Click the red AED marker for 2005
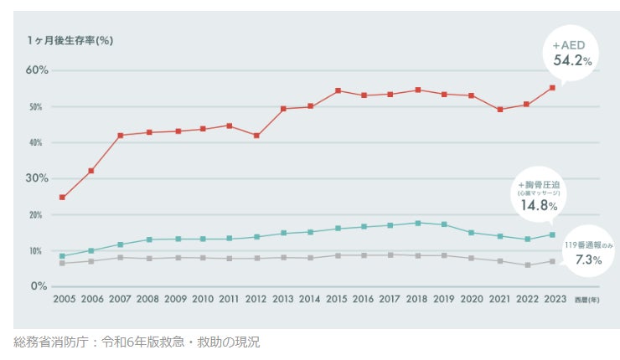pyautogui.click(x=62, y=198)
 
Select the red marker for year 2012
pyautogui.click(x=256, y=136)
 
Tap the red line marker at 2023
pyautogui.click(x=552, y=88)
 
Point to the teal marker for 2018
pyautogui.click(x=417, y=223)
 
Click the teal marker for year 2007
pyautogui.click(x=120, y=244)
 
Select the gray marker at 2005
pyautogui.click(x=62, y=263)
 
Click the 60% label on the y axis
pyautogui.click(x=36, y=70)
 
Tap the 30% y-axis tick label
pyautogui.click(x=36, y=178)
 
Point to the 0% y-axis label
pyautogui.click(x=39, y=286)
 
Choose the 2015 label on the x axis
pyautogui.click(x=337, y=298)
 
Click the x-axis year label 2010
pyautogui.click(x=204, y=298)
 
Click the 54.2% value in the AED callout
pyautogui.click(x=571, y=60)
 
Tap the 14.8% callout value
pyautogui.click(x=537, y=205)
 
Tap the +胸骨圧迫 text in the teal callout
pyautogui.click(x=538, y=184)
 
